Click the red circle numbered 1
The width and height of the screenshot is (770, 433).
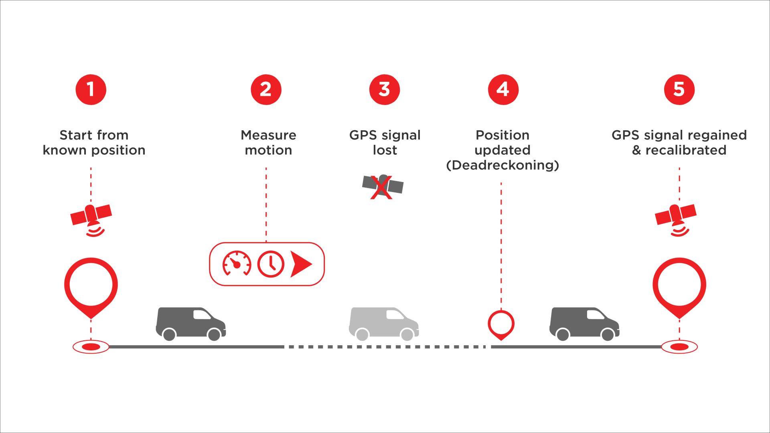pos(91,89)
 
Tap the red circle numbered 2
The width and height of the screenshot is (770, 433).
pos(266,89)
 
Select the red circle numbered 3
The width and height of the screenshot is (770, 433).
pos(385,89)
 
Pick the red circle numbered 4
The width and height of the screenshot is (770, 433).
pos(503,89)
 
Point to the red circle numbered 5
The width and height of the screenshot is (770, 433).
pos(679,89)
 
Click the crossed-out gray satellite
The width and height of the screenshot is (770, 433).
pos(383,186)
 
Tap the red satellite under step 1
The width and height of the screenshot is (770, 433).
pos(91,220)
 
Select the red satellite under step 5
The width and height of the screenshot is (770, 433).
pos(676,220)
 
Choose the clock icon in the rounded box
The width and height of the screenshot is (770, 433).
pos(271,264)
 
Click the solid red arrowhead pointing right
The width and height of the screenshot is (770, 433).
pos(301,264)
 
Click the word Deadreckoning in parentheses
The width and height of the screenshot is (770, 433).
pos(503,165)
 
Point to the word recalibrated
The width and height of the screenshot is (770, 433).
pos(686,150)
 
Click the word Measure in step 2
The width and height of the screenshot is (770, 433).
pos(268,135)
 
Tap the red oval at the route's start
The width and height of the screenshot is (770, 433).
pos(91,347)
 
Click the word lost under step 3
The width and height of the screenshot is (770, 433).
pos(385,150)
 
